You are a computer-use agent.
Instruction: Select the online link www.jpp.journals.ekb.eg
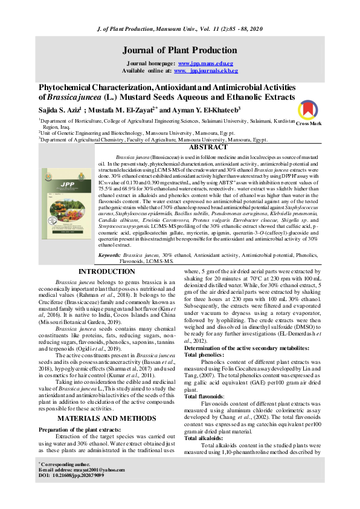pos(205,71)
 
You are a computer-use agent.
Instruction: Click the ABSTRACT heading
pos(208,147)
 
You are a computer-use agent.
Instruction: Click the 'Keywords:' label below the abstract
pos(109,256)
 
